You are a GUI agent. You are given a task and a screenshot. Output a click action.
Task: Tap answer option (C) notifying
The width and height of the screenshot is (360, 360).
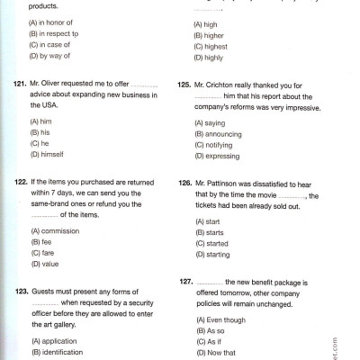coord(216,143)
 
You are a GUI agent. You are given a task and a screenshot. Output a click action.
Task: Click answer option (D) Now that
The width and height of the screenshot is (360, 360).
coord(217,353)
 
